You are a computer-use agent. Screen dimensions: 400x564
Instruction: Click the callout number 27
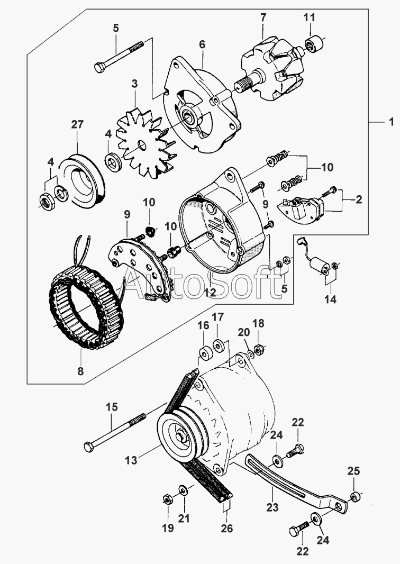77,125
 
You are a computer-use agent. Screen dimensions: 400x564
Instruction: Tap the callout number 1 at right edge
392,122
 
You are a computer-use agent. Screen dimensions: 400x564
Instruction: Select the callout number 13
131,460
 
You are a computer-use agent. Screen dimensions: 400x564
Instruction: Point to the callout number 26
227,529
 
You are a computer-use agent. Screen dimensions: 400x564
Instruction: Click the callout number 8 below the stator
80,371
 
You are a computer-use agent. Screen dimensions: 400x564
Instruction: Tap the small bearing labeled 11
314,44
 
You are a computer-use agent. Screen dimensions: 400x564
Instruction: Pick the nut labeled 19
167,499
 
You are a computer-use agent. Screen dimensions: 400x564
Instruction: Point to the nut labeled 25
355,497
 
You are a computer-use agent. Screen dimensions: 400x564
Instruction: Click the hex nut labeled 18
258,349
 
